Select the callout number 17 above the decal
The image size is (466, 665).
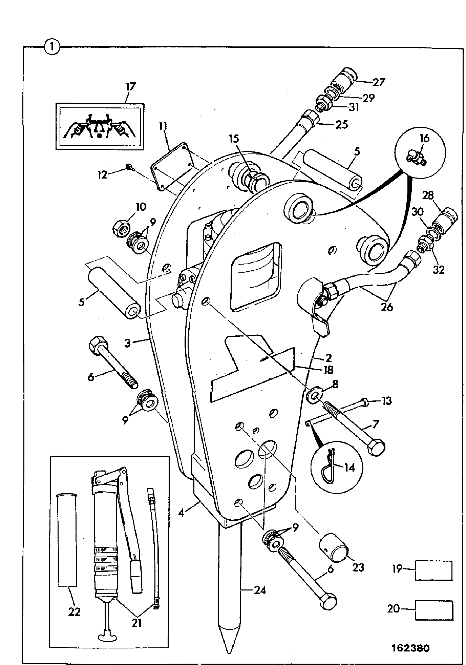point(130,87)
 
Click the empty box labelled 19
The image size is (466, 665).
point(434,571)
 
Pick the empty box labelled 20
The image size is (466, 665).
point(434,610)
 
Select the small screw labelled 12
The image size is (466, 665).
point(129,167)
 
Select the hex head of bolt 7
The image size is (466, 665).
point(376,448)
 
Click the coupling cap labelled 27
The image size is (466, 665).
point(343,81)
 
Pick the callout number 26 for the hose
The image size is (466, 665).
point(387,307)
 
